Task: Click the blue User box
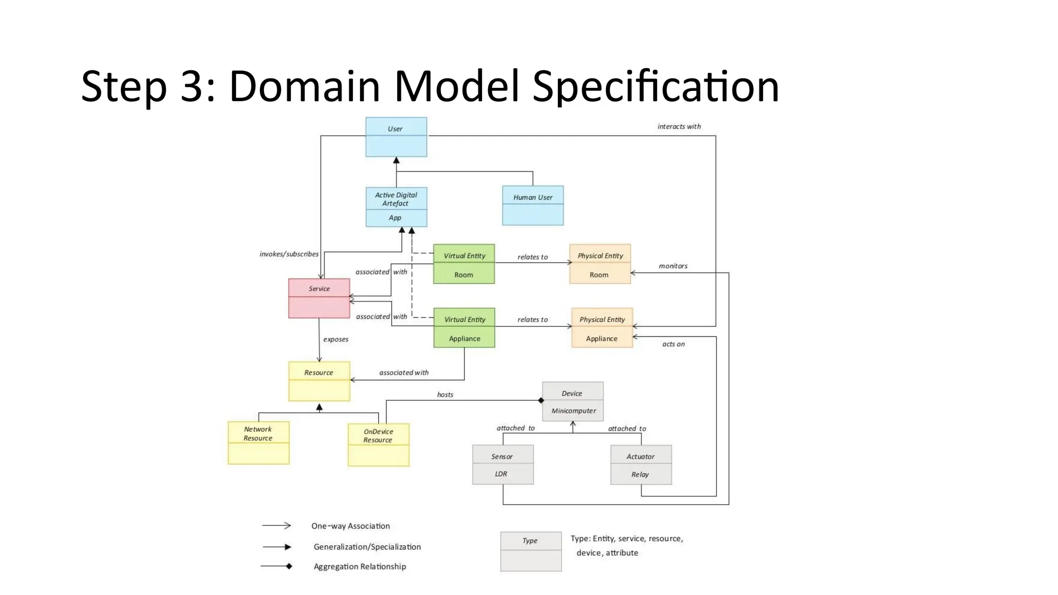tap(396, 137)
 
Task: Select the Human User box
tap(533, 206)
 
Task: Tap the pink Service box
tap(319, 298)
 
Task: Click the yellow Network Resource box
tap(258, 443)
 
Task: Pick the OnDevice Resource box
tap(378, 445)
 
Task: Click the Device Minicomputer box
tap(572, 401)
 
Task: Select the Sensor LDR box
tap(503, 464)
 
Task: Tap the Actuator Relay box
tap(641, 465)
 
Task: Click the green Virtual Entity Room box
tap(464, 264)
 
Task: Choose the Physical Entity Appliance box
tap(602, 328)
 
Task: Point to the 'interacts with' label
tap(679, 127)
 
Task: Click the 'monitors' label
tap(673, 266)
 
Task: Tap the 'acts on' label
tap(673, 344)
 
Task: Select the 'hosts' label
tap(445, 395)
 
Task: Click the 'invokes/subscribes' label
tap(289, 254)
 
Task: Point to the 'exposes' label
tap(336, 339)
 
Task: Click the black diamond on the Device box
tap(541, 400)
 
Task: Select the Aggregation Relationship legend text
tap(360, 567)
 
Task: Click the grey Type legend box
tap(531, 551)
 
